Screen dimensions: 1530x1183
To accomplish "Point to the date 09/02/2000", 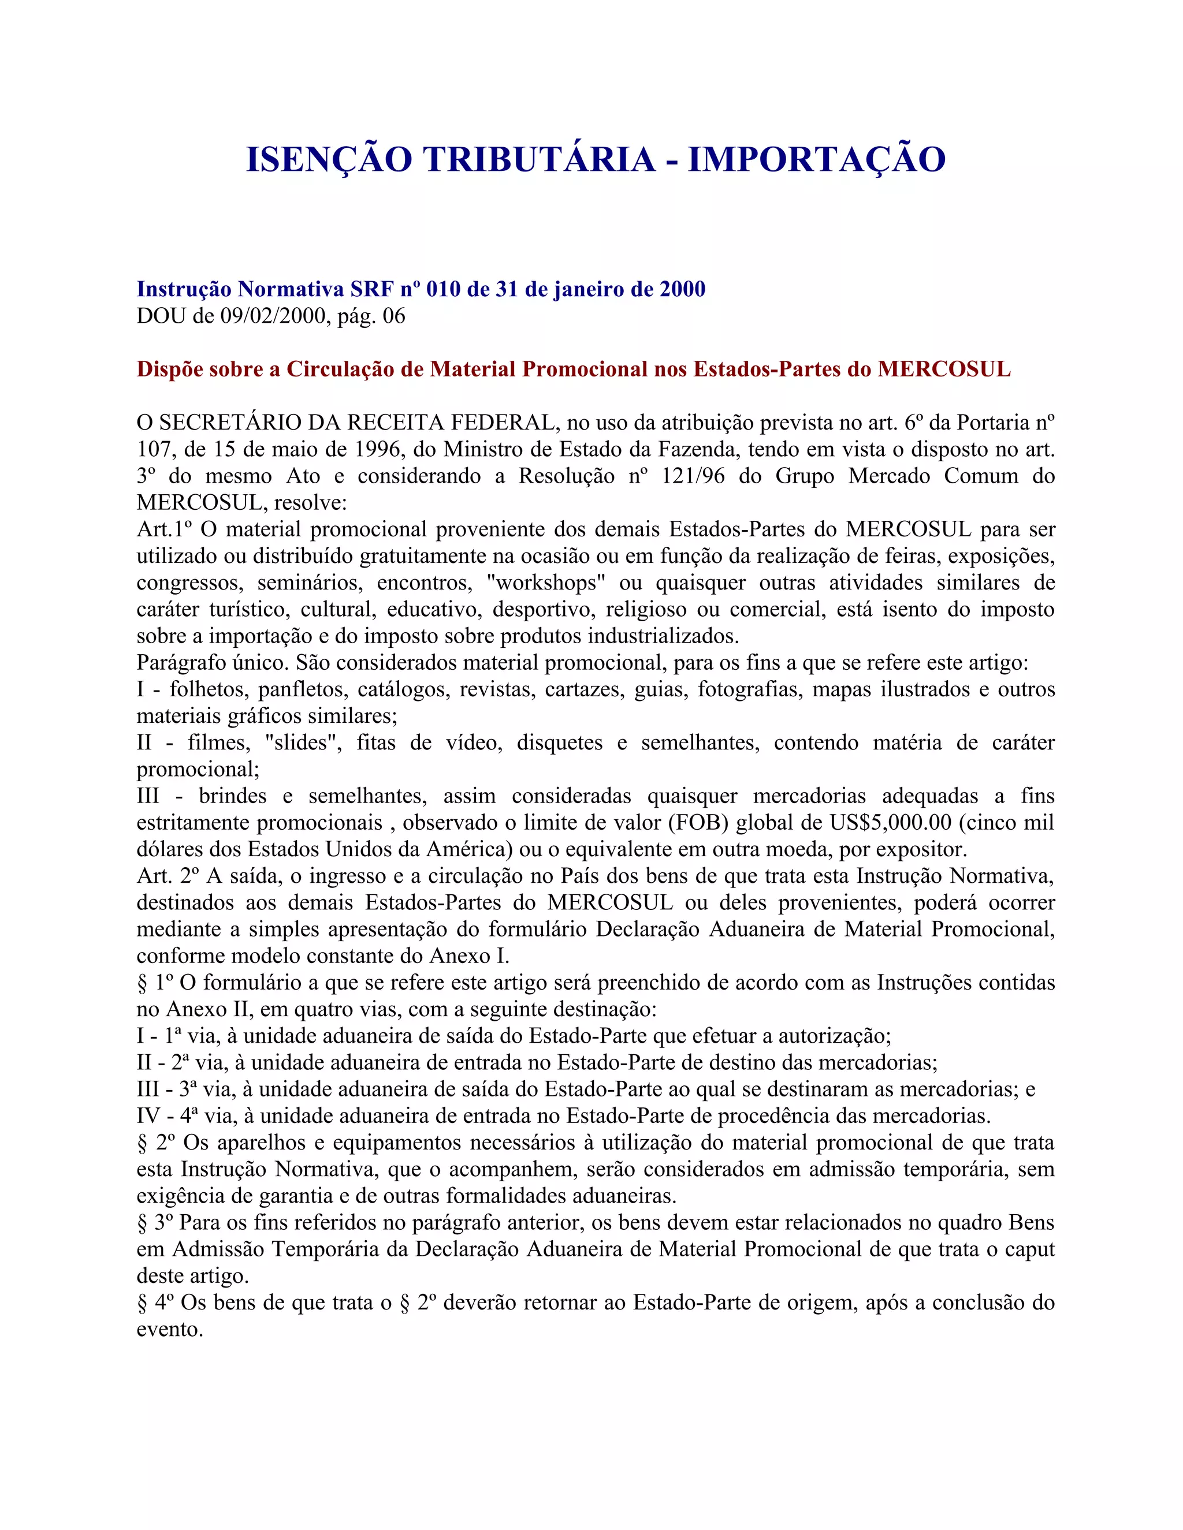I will click(273, 316).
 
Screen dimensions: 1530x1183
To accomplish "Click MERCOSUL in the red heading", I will click(944, 369).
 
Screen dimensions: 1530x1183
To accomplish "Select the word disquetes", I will click(559, 742).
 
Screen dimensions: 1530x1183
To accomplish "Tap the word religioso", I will click(645, 610).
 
